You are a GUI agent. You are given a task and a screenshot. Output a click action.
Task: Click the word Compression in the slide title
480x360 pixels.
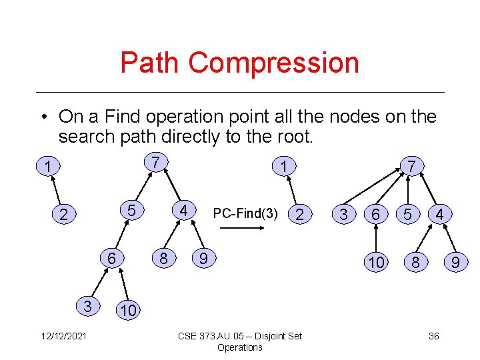[274, 63]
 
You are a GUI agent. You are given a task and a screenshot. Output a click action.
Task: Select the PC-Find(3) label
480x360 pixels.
[245, 214]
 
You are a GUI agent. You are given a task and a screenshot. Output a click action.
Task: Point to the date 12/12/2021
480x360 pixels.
[58, 336]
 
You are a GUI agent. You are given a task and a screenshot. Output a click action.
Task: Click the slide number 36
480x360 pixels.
[433, 336]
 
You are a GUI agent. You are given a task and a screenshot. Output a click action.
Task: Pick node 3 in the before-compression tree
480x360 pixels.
[87, 306]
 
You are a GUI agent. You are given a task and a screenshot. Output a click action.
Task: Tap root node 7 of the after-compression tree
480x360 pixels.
[411, 166]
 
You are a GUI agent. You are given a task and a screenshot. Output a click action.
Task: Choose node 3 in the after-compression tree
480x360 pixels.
[343, 215]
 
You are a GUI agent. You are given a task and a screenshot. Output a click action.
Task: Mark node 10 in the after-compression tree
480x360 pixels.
[377, 263]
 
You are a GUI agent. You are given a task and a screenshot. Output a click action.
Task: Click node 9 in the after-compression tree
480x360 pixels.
[455, 263]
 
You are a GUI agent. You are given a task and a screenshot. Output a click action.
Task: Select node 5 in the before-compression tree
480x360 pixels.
[132, 211]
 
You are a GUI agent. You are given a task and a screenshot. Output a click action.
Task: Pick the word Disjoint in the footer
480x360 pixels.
[266, 336]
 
